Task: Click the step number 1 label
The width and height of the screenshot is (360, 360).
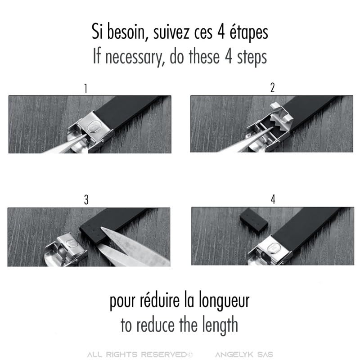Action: [85, 89]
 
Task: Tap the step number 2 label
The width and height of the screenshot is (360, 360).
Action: [272, 88]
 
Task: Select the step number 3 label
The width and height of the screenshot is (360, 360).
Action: [86, 200]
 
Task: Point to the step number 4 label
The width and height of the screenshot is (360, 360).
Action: [273, 199]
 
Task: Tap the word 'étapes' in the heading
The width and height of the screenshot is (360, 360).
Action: [249, 32]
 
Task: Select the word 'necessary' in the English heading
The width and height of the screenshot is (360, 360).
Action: [134, 57]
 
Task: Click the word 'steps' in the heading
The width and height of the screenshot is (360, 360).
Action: [252, 57]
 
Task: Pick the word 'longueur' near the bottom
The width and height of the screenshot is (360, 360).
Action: [224, 301]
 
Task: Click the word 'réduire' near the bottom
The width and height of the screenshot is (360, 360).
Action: [160, 300]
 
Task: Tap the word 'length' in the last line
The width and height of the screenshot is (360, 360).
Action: [220, 324]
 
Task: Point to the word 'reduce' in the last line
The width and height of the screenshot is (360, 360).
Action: [155, 325]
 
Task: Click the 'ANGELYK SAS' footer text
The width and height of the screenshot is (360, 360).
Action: [244, 355]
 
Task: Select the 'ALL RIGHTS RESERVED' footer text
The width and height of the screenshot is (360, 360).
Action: [139, 355]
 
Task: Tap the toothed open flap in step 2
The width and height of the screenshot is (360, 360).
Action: [282, 117]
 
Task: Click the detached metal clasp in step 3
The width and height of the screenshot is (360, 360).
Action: [66, 250]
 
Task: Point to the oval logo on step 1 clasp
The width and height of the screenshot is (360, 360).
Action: [94, 127]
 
